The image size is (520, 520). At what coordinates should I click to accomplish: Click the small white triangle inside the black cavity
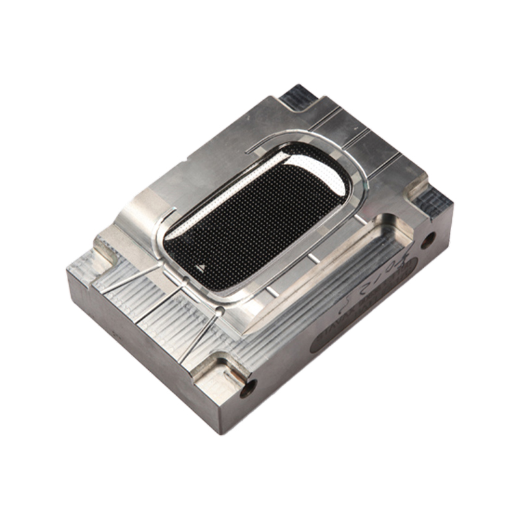pyautogui.click(x=199, y=266)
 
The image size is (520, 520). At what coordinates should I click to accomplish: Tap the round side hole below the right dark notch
pyautogui.click(x=428, y=242)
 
